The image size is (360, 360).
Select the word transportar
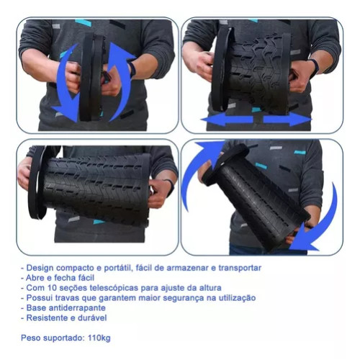pos(240,268)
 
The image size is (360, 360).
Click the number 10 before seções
pos(52,288)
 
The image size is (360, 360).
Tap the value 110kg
pos(99,338)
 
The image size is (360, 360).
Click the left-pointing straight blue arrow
pos(227,119)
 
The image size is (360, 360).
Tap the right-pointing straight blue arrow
pos(287,119)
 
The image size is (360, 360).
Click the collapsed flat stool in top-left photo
pos(92,77)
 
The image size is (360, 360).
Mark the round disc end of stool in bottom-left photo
pos(37,182)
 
